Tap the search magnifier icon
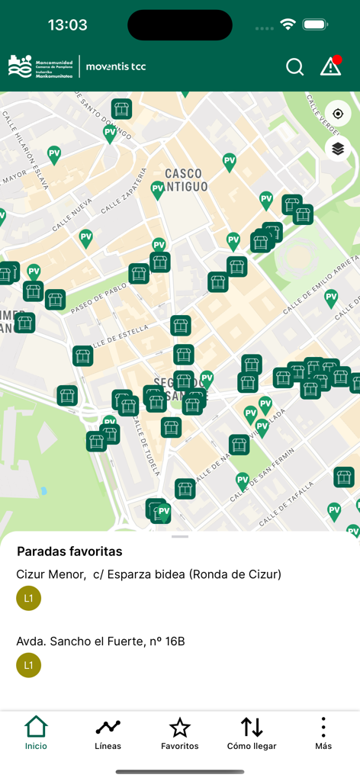(294, 67)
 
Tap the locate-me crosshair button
(338, 114)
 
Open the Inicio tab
(36, 733)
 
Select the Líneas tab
(108, 733)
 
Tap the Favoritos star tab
(180, 733)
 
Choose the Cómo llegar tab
(252, 733)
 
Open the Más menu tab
(323, 733)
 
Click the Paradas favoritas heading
(69, 551)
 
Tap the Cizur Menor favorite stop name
(149, 574)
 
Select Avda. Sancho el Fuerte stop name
(101, 641)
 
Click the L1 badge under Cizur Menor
(29, 599)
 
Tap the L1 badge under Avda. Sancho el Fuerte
(29, 666)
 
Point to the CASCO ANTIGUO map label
(186, 180)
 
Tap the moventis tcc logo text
(116, 66)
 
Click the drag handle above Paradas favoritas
(180, 537)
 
